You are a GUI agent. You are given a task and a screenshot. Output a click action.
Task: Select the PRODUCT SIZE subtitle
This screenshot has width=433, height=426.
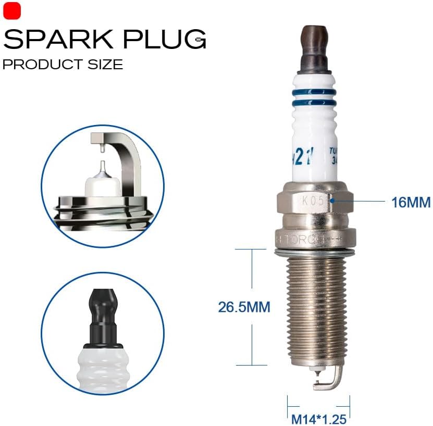click(x=63, y=65)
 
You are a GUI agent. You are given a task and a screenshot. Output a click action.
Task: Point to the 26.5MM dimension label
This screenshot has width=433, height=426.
click(x=244, y=307)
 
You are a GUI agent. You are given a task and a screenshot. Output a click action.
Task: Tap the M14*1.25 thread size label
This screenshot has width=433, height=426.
click(x=318, y=416)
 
